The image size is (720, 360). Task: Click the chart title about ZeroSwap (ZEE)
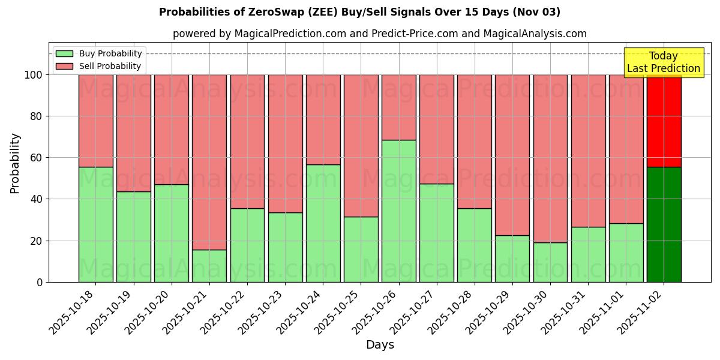359,12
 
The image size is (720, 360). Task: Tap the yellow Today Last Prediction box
663,62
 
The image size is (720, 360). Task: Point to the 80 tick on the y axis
37,116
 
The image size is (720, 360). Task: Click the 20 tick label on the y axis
37,241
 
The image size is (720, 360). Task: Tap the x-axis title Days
380,345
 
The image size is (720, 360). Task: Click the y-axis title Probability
15,163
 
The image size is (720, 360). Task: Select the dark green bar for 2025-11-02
664,224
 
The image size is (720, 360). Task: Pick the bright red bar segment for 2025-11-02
664,121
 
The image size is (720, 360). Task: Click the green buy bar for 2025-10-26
398,211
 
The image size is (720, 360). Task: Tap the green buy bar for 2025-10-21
209,266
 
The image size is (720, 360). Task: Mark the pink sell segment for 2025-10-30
550,158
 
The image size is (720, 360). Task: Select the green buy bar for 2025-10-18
96,224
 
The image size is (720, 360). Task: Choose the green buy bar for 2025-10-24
323,223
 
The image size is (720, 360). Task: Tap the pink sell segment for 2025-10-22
247,142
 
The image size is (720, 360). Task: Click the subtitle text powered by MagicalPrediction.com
380,34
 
